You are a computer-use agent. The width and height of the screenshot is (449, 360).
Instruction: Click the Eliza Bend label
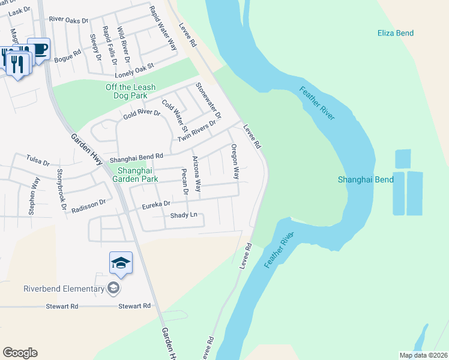tap(396, 33)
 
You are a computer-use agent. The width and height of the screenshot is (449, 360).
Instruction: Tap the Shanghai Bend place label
tap(366, 179)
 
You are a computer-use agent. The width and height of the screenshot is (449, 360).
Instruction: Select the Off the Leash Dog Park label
tap(130, 91)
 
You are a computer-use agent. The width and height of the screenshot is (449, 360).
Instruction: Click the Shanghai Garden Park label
tap(134, 174)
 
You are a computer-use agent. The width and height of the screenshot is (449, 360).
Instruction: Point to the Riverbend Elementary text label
tap(64, 289)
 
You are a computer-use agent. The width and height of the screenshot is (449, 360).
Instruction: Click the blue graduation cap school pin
tap(121, 263)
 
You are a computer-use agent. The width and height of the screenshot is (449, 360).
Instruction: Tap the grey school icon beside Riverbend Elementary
tap(113, 289)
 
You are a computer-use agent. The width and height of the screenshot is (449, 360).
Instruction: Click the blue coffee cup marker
tap(38, 49)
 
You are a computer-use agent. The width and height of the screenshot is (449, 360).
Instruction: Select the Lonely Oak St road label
tap(135, 68)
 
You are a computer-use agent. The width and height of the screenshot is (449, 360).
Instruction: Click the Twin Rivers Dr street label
tap(196, 131)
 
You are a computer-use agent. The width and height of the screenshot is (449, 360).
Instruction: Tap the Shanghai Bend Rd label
tap(136, 157)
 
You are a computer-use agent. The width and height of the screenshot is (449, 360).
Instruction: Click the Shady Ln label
tap(184, 215)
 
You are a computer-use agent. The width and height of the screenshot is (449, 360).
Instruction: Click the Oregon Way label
tap(235, 161)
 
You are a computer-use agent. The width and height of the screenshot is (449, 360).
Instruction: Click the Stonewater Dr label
tap(209, 100)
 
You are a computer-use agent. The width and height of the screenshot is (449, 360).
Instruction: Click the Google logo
tap(20, 353)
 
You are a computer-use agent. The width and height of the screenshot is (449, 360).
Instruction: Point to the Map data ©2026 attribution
tap(423, 355)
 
